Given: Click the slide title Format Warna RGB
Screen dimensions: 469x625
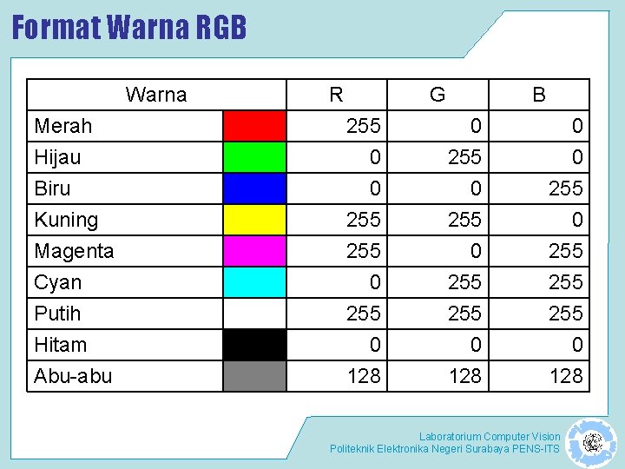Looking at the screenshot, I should [129, 28].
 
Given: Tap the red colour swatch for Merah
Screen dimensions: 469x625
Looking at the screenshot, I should [254, 126].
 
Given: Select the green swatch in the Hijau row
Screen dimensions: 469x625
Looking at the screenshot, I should [254, 157].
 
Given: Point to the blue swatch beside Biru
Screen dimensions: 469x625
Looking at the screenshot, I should [254, 188].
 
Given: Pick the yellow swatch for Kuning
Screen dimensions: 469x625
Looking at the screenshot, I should [254, 220].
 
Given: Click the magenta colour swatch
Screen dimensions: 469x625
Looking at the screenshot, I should [254, 251].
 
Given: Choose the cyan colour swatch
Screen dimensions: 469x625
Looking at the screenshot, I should [254, 282].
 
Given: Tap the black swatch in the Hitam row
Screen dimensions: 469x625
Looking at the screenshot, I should [254, 345].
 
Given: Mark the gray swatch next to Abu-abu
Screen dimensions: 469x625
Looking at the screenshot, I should [254, 376].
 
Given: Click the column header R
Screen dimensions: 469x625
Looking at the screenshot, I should [336, 95].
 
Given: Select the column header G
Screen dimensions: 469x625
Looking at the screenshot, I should [437, 95].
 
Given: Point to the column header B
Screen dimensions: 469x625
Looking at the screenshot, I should [539, 95].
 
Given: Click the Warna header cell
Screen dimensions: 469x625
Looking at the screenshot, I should [156, 95].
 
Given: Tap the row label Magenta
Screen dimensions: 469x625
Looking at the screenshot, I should [74, 251].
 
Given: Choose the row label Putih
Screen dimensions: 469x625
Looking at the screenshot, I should [57, 314].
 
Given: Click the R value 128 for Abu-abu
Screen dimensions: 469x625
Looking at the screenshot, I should [364, 376].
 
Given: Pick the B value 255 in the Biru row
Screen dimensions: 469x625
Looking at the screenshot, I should [566, 188].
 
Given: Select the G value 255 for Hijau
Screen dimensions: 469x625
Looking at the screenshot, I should [464, 157].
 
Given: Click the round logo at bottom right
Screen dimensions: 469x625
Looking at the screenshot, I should [593, 442].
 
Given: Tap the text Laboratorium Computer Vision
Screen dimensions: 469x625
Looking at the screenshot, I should [490, 436].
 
